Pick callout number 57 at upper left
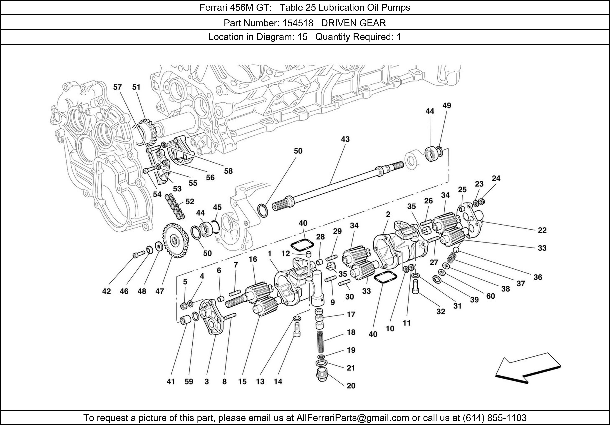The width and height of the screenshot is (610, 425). [117, 87]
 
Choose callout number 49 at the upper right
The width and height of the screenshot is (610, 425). [447, 106]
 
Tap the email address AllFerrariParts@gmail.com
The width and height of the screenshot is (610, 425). [353, 418]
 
